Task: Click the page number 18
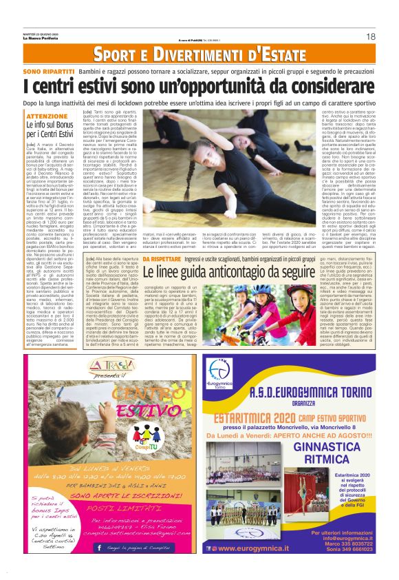click(x=370, y=37)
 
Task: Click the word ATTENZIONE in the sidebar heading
click(x=46, y=116)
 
